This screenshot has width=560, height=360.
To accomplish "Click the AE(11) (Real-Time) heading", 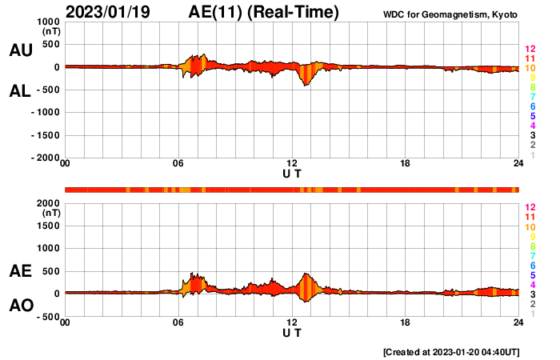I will point(264,12).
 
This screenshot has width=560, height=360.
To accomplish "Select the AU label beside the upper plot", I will point(20,50).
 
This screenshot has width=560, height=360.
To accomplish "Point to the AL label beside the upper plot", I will point(20,90).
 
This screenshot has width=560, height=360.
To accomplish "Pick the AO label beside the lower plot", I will point(20,305).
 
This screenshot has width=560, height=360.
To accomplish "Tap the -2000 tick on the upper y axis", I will point(44,158).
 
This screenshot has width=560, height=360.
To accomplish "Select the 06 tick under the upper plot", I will point(178,164).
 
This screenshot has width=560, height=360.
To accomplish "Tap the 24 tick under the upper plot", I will point(518,164).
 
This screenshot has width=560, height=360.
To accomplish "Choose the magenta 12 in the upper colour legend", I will point(530,50).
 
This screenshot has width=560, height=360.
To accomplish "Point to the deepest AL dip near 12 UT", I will point(304,84).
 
